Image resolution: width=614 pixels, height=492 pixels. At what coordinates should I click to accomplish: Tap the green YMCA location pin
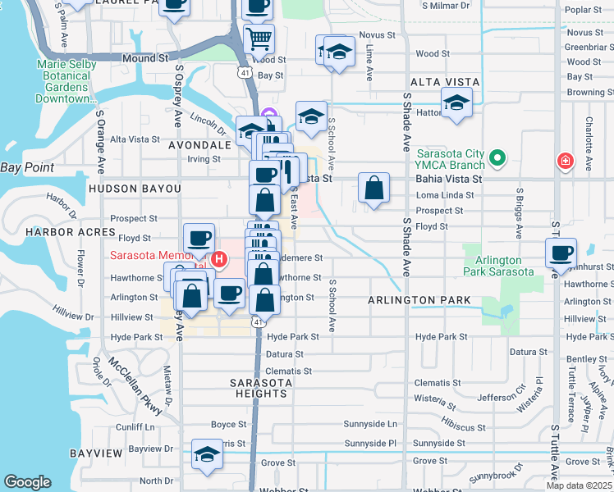(x=496, y=157)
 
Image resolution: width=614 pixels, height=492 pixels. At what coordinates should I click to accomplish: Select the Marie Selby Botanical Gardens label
(x=66, y=82)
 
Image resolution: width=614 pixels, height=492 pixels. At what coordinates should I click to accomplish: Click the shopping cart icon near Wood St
(x=259, y=38)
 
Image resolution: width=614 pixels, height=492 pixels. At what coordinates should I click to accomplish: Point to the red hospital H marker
(x=218, y=260)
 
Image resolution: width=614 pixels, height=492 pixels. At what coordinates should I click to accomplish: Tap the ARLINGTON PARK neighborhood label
(x=419, y=300)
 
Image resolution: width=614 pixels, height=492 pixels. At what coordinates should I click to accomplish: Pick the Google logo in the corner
(x=27, y=481)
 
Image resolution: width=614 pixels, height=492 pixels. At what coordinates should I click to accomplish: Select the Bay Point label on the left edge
(x=27, y=167)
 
